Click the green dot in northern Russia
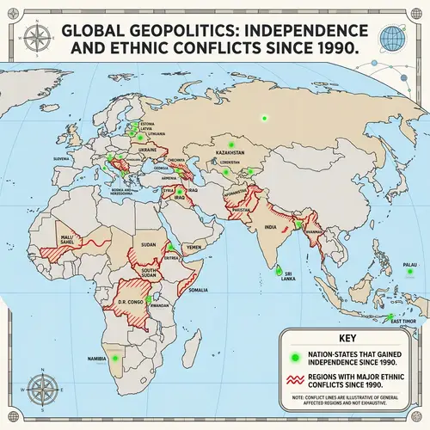(266, 118)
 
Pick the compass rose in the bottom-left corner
(39, 384)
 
